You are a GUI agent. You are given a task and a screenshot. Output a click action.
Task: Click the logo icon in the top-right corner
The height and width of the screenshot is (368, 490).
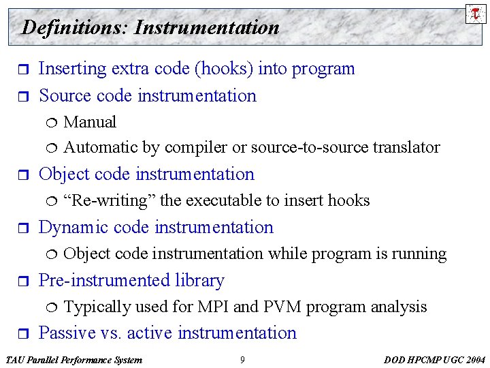pos(476,14)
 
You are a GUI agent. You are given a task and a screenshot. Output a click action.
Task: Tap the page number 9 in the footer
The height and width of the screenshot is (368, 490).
pos(242,360)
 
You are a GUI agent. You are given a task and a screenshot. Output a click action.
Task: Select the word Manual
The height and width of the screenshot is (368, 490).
pos(90,122)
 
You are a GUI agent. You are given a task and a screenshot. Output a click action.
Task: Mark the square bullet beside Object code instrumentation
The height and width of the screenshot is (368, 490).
pos(20,175)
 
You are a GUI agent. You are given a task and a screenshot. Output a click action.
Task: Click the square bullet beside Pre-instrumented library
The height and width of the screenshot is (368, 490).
pos(20,281)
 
